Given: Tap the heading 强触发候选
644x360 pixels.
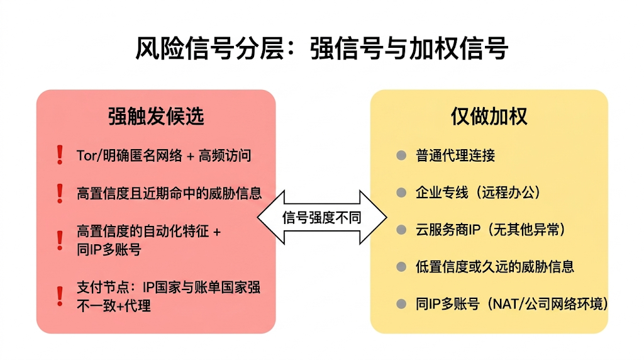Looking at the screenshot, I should pos(156,116).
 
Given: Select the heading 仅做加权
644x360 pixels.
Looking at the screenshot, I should pos(489,116).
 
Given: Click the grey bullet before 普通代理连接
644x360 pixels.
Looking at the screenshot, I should pos(401,155).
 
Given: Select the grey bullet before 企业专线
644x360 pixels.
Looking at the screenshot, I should pos(401,193).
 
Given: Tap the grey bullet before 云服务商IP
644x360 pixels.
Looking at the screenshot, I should pos(401,230).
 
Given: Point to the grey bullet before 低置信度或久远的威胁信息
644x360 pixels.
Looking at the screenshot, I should pos(401,267).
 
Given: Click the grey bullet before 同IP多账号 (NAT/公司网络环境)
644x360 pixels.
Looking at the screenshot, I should pos(401,304).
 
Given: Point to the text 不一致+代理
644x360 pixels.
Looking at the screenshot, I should pos(113,305).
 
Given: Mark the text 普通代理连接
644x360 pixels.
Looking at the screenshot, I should pos(455,155).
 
